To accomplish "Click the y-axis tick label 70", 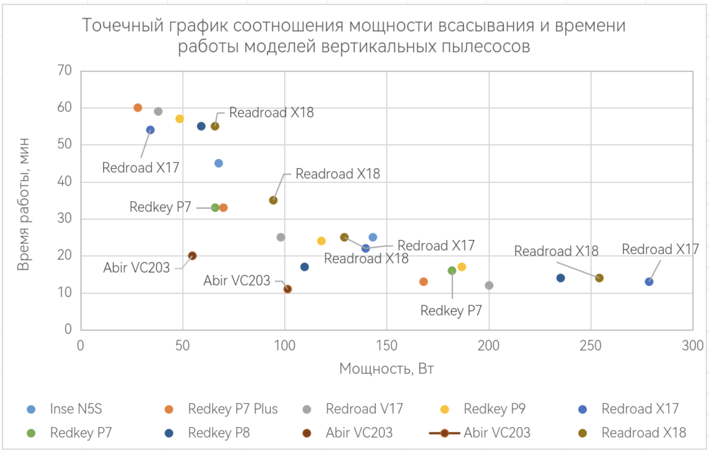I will [x=64, y=71].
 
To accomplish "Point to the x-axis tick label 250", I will [x=590, y=346].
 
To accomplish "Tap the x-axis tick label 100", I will [x=284, y=346].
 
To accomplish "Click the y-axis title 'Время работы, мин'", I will [x=23, y=204].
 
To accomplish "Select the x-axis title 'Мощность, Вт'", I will [x=386, y=369].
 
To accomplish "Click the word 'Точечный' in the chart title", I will [x=123, y=26].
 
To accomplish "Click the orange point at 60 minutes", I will [x=138, y=107].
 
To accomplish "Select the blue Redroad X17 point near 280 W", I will [x=649, y=282].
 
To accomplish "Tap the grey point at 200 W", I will [x=489, y=286].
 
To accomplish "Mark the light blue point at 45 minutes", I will [x=218, y=163].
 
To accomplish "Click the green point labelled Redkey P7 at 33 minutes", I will [x=215, y=208].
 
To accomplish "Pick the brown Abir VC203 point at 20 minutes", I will [x=192, y=256].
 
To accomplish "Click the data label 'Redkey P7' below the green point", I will [x=451, y=311].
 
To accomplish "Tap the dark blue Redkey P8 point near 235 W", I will [x=561, y=278].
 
